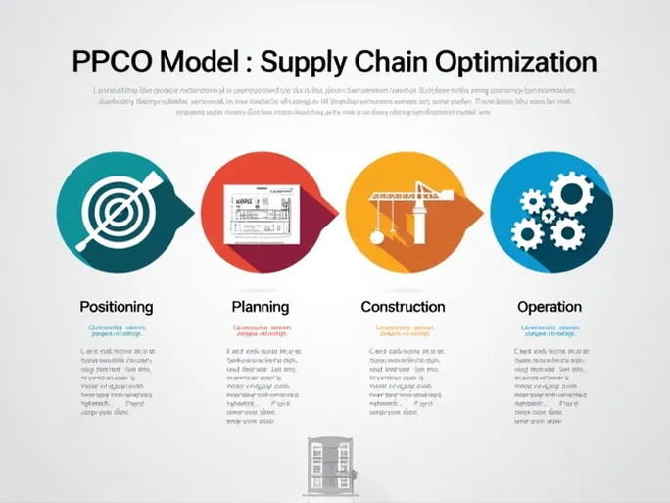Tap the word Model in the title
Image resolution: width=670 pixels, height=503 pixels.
(x=202, y=62)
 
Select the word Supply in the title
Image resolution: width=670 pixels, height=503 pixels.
(x=307, y=63)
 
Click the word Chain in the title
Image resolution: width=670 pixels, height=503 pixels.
(x=402, y=62)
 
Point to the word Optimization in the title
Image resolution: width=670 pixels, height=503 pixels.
(x=520, y=63)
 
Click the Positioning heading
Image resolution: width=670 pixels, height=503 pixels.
(x=116, y=307)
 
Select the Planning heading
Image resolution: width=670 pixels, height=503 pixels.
(x=260, y=307)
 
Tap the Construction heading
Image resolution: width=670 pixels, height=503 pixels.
(x=403, y=307)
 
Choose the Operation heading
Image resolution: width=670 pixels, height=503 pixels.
(x=549, y=307)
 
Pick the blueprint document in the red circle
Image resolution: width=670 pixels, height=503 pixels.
(x=256, y=212)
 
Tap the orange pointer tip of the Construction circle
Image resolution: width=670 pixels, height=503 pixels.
(x=480, y=208)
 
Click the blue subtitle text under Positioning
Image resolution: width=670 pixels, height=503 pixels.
(x=116, y=331)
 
